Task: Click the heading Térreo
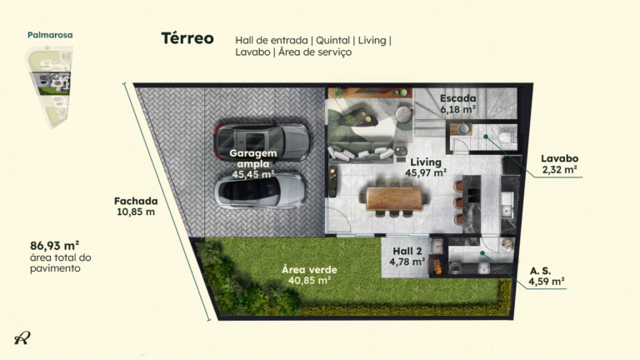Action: tap(187, 38)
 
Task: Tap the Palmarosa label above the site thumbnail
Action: tap(50, 35)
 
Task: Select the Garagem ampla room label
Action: tap(253, 158)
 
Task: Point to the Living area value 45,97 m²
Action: tap(426, 173)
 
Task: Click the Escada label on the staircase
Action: tap(458, 98)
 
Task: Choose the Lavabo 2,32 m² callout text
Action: tap(560, 164)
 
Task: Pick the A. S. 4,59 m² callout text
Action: tap(547, 277)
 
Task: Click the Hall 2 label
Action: tap(407, 251)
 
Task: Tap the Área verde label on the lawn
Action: tap(309, 270)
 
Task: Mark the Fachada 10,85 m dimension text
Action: tap(136, 207)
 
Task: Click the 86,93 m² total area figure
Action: tap(55, 246)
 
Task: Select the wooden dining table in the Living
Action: tap(394, 199)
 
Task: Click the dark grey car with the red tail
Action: tap(261, 141)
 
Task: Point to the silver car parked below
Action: tap(260, 191)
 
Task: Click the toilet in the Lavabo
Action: tap(507, 137)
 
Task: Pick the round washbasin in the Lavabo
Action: tap(463, 129)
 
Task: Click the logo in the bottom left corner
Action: tap(22, 337)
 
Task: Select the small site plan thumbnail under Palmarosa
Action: tap(50, 87)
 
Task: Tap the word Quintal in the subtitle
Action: tap(332, 40)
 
